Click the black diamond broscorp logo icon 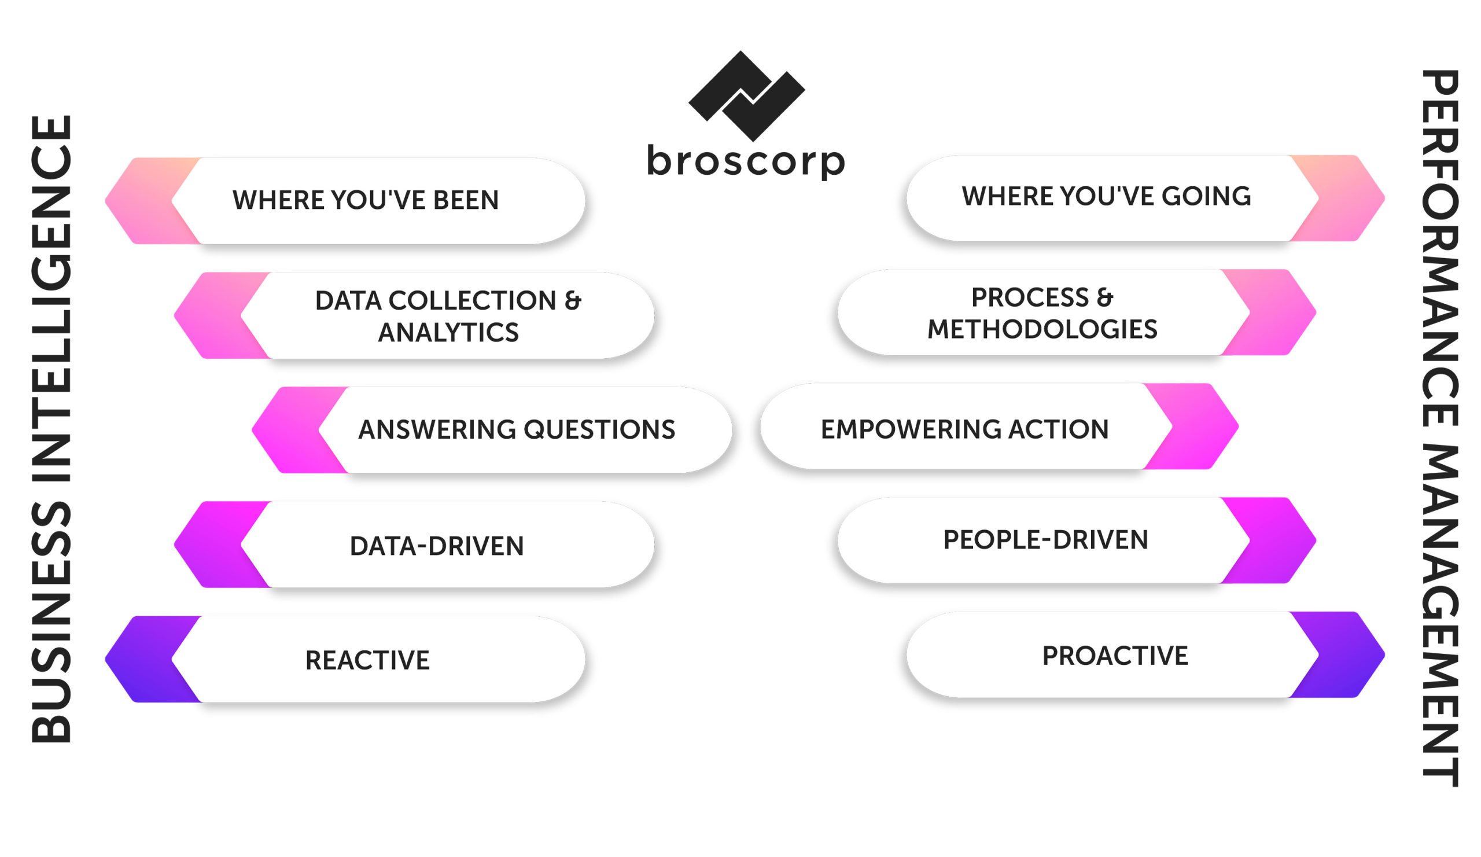[746, 96]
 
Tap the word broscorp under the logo [746, 161]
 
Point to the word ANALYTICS [448, 333]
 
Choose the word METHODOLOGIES [1042, 329]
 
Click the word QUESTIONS [599, 430]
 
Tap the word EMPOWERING [911, 430]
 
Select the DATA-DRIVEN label [437, 547]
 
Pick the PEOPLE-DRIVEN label [1045, 540]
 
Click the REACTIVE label [367, 661]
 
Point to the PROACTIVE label [1115, 656]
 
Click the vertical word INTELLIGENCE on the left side [51, 299]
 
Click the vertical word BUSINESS [51, 623]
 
